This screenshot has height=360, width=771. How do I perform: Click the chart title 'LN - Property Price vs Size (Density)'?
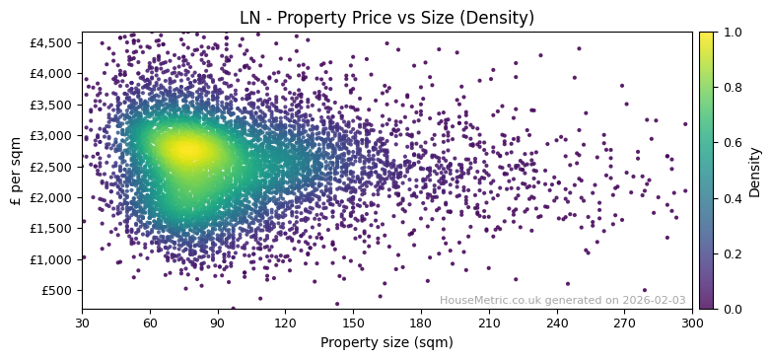pyautogui.click(x=386, y=18)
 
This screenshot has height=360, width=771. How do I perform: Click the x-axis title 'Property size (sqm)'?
pyautogui.click(x=386, y=343)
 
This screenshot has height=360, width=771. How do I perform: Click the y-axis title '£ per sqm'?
pyautogui.click(x=16, y=171)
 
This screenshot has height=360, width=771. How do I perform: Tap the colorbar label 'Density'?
pyautogui.click(x=754, y=171)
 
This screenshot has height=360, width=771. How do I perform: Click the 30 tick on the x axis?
pyautogui.click(x=82, y=323)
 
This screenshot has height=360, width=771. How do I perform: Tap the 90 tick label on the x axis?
pyautogui.click(x=218, y=323)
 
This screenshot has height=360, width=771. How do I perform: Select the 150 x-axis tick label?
pyautogui.click(x=353, y=323)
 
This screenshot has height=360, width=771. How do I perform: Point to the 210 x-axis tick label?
pyautogui.click(x=489, y=323)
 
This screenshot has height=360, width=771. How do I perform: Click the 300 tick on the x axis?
pyautogui.click(x=692, y=323)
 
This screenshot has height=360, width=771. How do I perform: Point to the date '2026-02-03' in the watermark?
pyautogui.click(x=655, y=301)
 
